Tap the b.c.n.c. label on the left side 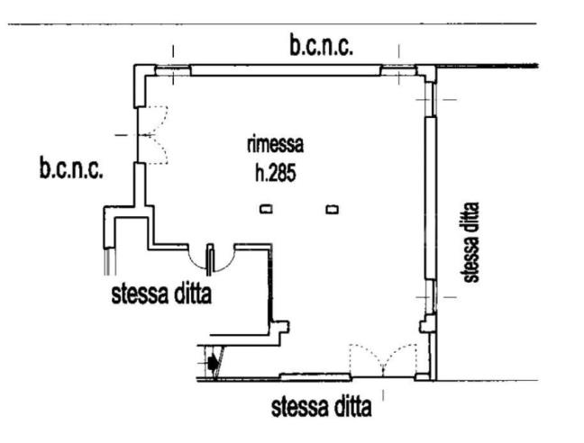71,168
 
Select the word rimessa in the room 275,144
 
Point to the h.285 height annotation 277,167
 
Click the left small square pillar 266,210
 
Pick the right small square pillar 333,210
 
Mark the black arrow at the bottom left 213,364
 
